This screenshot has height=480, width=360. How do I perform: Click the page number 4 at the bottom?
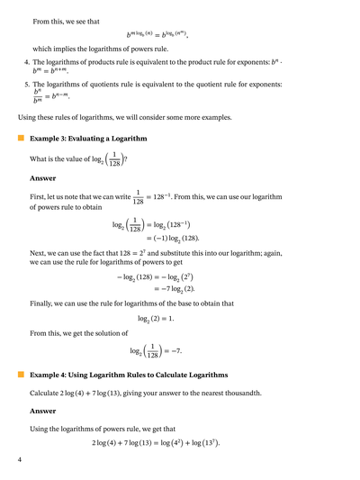(x=19, y=461)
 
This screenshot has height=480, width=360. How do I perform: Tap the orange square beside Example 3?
(x=20, y=139)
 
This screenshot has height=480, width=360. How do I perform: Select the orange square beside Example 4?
(x=20, y=374)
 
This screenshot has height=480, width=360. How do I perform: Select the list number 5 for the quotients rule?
(x=26, y=85)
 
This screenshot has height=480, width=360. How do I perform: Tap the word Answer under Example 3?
(x=43, y=177)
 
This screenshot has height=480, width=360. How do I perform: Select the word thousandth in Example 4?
(x=258, y=394)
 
